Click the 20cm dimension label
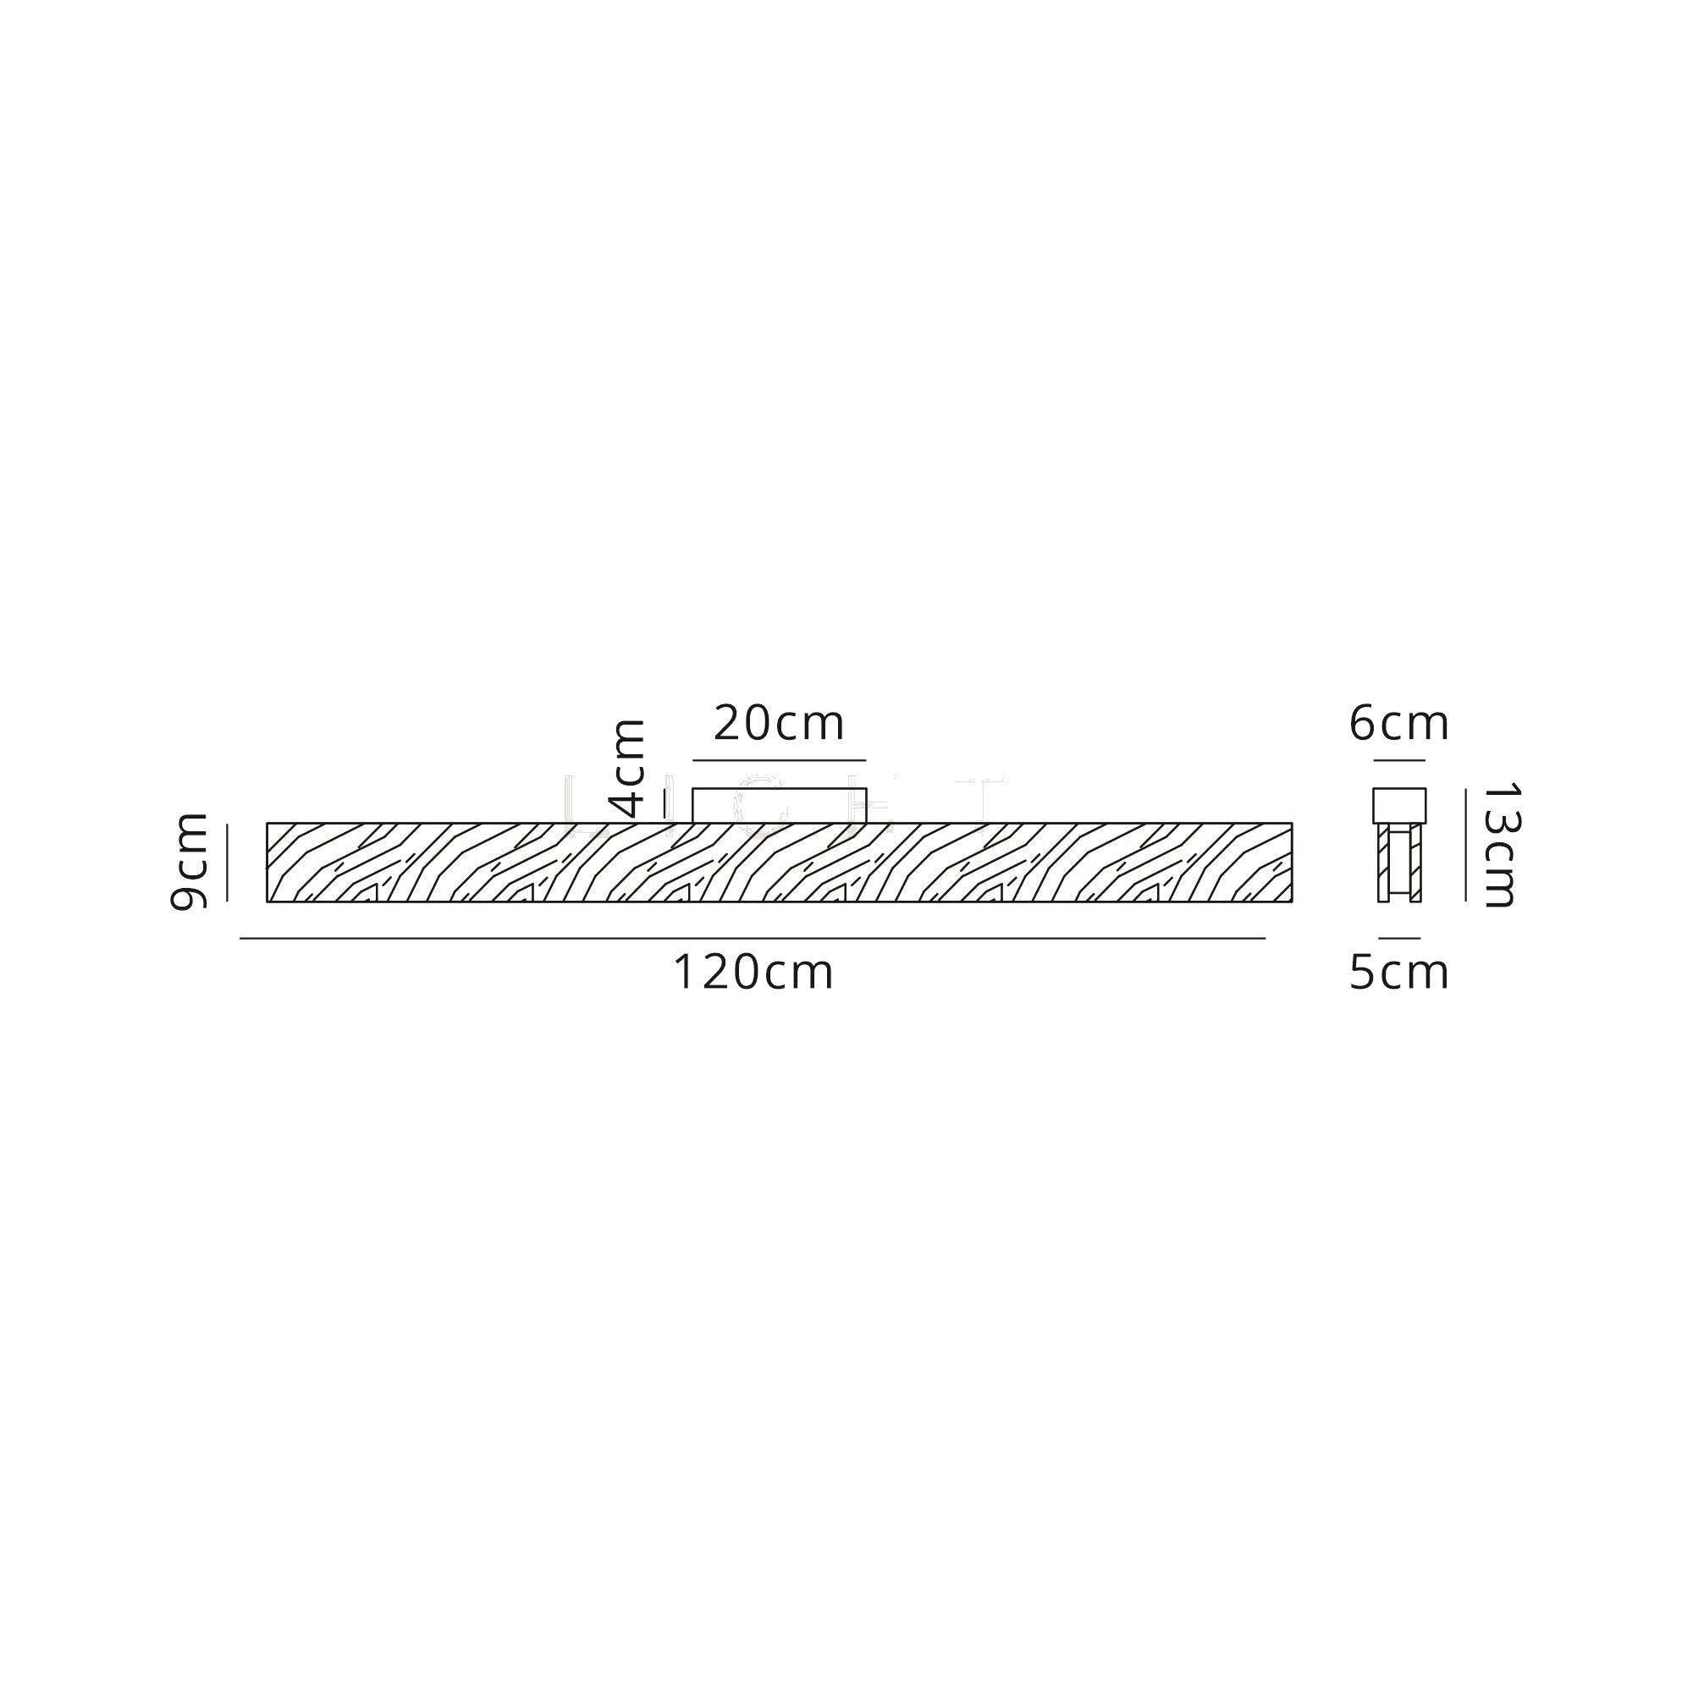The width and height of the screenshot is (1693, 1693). pos(778,724)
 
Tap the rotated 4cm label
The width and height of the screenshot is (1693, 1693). pos(627,769)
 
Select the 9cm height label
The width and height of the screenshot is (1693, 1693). pos(190,862)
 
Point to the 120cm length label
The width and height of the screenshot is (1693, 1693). pos(753,973)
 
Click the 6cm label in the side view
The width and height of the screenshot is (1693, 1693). pos(1398,724)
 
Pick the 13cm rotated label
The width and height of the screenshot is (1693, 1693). pos(1501,845)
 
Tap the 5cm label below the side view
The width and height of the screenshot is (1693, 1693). pos(1398,973)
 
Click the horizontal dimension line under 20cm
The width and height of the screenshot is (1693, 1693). pos(778,760)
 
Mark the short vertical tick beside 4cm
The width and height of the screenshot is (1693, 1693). pos(665,804)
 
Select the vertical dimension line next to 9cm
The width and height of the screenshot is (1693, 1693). pos(227,863)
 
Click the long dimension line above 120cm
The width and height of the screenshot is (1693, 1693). pos(753,939)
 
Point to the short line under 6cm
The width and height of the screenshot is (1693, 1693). pos(1398,760)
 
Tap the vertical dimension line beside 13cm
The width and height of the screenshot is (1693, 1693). pos(1466,845)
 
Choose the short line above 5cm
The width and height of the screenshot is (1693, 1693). pos(1398,939)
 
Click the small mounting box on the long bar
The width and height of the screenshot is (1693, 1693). pos(779,805)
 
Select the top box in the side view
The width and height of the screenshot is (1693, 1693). pos(1398,805)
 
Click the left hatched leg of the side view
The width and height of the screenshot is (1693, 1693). pos(1384,863)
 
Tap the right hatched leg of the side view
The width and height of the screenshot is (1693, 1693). pos(1415,863)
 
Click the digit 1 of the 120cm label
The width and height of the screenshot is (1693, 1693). pos(682,973)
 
